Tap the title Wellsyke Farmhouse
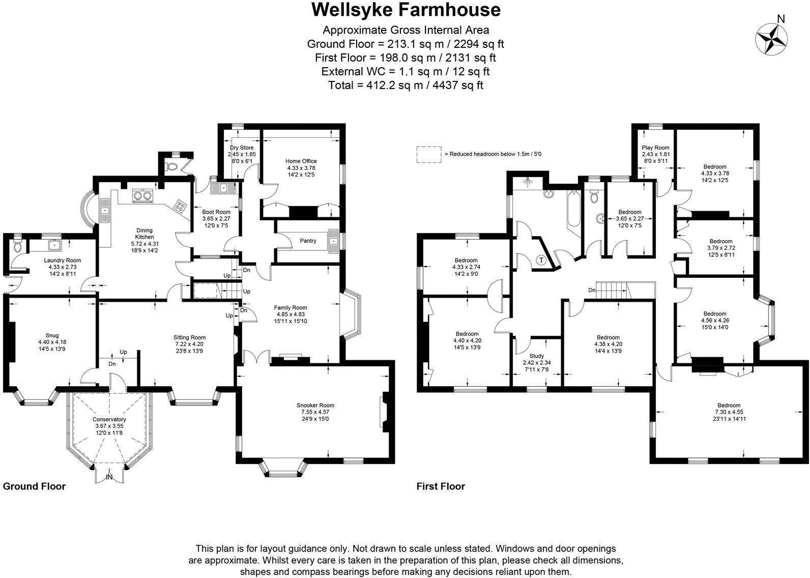406,10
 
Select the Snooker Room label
315,406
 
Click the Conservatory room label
109,419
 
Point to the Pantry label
308,241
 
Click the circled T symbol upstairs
541,260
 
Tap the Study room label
537,356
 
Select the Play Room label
656,148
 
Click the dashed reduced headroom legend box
429,155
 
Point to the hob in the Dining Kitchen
180,206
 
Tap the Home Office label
301,161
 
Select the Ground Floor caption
35,486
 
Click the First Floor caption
441,486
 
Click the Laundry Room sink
54,245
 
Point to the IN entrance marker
109,477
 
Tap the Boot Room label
216,212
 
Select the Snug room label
52,335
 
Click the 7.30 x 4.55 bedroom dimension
729,412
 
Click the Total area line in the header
406,85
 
